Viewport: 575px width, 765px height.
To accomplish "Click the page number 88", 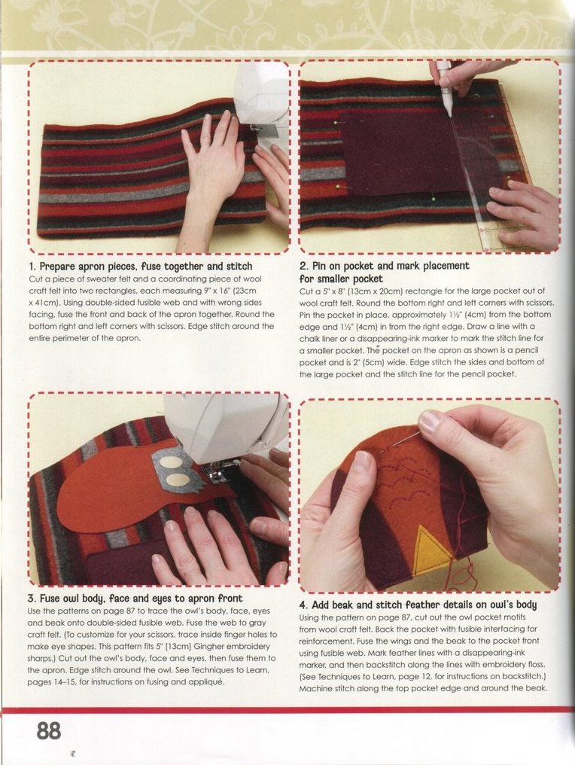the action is point(49,731).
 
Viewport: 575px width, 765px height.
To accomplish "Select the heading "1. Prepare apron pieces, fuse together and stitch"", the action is point(141,267).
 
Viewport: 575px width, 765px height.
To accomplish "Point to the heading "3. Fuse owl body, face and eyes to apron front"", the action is point(135,598).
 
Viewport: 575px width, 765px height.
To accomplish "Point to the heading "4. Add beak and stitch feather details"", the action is point(418,605).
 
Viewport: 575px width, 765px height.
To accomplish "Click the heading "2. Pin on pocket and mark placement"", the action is point(385,266).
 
